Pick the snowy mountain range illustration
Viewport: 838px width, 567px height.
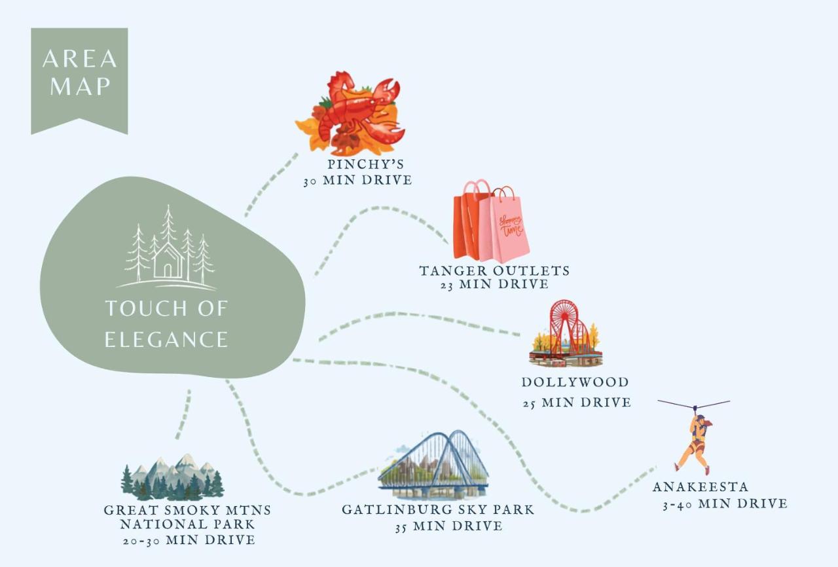(x=172, y=477)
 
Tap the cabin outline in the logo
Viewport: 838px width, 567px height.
(x=168, y=261)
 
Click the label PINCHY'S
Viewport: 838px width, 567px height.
(x=365, y=164)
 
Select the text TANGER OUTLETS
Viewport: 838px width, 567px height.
(x=494, y=271)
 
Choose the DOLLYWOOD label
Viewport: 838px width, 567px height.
(x=575, y=382)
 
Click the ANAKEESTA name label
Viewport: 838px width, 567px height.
(x=701, y=486)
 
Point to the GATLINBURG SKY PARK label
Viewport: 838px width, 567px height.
(x=438, y=509)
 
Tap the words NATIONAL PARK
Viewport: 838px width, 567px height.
(x=187, y=524)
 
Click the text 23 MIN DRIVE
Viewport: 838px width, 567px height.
(x=494, y=285)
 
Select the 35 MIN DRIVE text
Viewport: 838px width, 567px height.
(x=449, y=526)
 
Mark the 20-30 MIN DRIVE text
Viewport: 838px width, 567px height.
(x=189, y=540)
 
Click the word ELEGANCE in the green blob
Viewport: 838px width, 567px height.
(x=166, y=340)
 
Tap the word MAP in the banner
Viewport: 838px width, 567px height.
(x=80, y=87)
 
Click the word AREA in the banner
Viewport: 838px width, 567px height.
(x=80, y=59)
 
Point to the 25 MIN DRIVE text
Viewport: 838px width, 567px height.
(x=577, y=403)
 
